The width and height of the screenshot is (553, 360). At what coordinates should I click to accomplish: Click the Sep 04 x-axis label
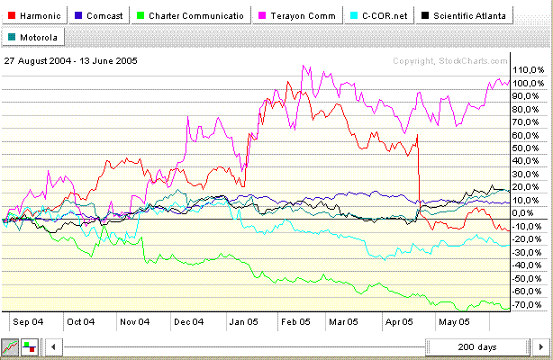pyautogui.click(x=25, y=321)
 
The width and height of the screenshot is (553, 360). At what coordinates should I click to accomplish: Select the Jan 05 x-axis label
pyautogui.click(x=242, y=321)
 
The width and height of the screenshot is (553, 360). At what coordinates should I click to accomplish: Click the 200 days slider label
pyautogui.click(x=476, y=346)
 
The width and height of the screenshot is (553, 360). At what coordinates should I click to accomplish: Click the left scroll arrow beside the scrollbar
pyautogui.click(x=55, y=346)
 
